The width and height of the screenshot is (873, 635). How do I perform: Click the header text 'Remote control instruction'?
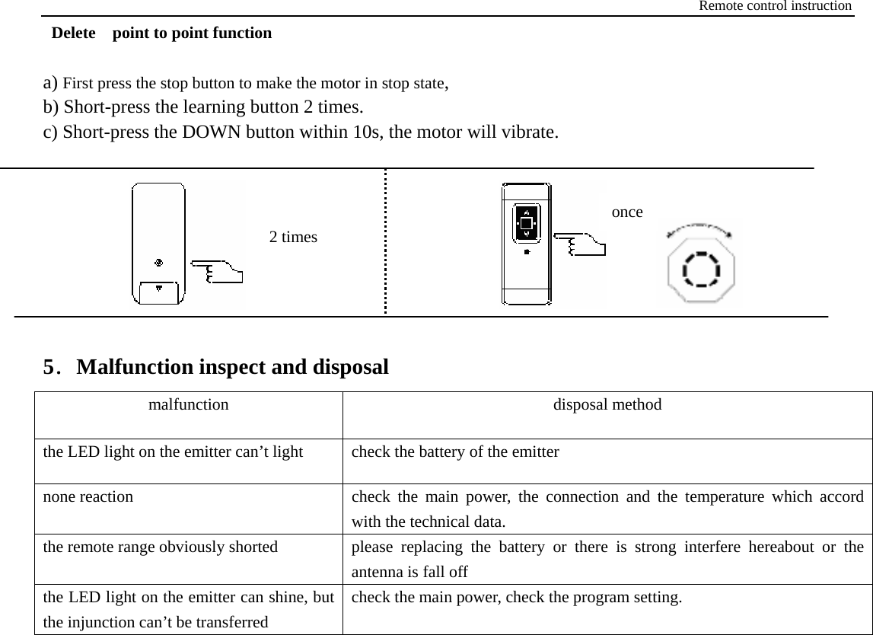[x=775, y=6]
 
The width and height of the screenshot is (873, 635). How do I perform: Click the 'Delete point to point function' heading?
[x=161, y=34]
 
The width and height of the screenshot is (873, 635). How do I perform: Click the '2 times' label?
[x=294, y=237]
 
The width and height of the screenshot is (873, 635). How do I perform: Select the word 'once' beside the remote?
[x=627, y=212]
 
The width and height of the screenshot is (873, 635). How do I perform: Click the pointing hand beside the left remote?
[x=216, y=270]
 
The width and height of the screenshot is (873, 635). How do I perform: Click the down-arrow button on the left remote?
[x=158, y=289]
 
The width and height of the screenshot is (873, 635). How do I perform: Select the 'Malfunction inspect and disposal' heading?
[x=232, y=367]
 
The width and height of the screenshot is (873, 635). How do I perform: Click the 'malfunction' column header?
[x=188, y=404]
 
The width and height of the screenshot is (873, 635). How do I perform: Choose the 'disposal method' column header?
[x=607, y=404]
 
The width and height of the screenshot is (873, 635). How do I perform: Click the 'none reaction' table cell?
[x=88, y=496]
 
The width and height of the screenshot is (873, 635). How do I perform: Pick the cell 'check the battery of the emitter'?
[x=455, y=452]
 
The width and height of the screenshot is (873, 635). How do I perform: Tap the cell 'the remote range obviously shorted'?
[x=160, y=546]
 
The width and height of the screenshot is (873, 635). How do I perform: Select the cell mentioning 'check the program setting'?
[x=517, y=596]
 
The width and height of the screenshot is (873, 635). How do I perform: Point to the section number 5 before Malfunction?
[x=51, y=368]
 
